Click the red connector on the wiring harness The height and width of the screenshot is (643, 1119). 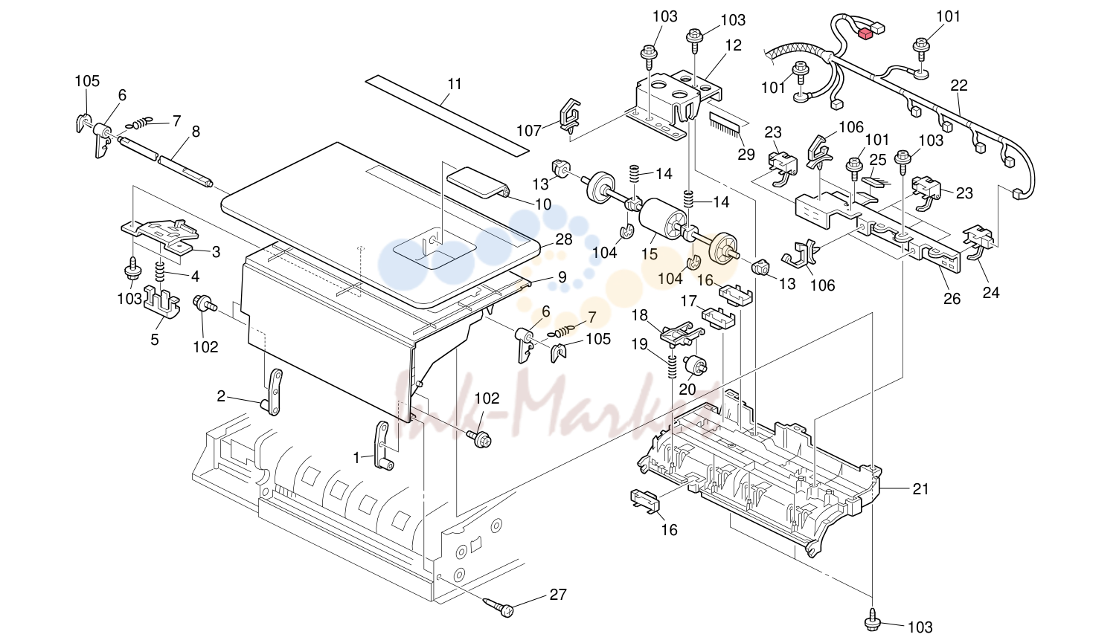(865, 33)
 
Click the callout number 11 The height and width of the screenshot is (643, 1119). (455, 84)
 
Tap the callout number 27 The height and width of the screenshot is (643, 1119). (558, 595)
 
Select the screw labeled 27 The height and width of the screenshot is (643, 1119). (498, 607)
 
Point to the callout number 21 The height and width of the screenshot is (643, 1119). (920, 489)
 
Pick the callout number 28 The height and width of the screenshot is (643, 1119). (563, 239)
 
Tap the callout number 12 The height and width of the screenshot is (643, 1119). (734, 45)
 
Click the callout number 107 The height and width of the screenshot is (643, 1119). (529, 131)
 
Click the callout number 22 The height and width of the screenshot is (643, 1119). (958, 85)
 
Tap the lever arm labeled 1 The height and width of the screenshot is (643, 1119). (382, 446)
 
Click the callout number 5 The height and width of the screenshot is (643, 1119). (155, 340)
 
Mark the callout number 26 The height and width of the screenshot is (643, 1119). (952, 299)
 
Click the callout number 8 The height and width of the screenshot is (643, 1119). (196, 132)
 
